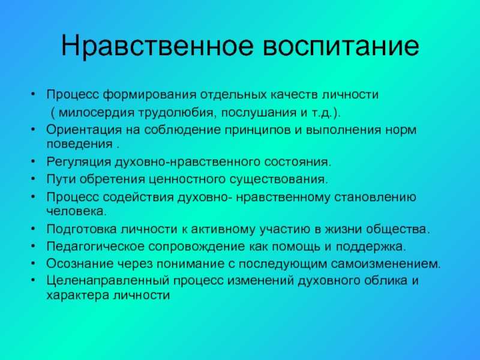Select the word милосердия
click(x=97, y=113)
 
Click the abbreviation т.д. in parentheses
click(x=322, y=113)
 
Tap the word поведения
click(x=80, y=145)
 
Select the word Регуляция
click(x=79, y=161)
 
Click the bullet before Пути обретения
click(x=34, y=178)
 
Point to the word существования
click(x=278, y=179)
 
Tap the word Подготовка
click(x=82, y=229)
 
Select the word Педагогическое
click(x=95, y=247)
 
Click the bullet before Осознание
click(x=34, y=263)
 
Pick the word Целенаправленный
click(x=108, y=281)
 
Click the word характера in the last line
click(x=78, y=295)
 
